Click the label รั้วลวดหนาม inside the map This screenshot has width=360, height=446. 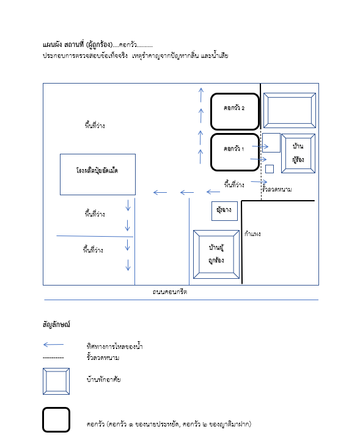pyautogui.click(x=277, y=189)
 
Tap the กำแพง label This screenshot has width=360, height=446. pyautogui.click(x=252, y=234)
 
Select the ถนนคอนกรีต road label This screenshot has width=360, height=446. pyautogui.click(x=170, y=292)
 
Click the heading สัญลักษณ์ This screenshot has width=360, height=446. pyautogui.click(x=56, y=324)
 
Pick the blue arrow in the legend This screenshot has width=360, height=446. pyautogui.click(x=53, y=345)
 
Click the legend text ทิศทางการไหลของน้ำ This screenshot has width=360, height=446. pyautogui.click(x=114, y=346)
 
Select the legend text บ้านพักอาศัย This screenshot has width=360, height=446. pyautogui.click(x=104, y=379)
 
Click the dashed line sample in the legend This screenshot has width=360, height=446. pyautogui.click(x=53, y=358)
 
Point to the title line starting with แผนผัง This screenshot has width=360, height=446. pyautogui.click(x=98, y=45)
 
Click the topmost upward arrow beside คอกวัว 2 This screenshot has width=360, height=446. pyautogui.click(x=201, y=95)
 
